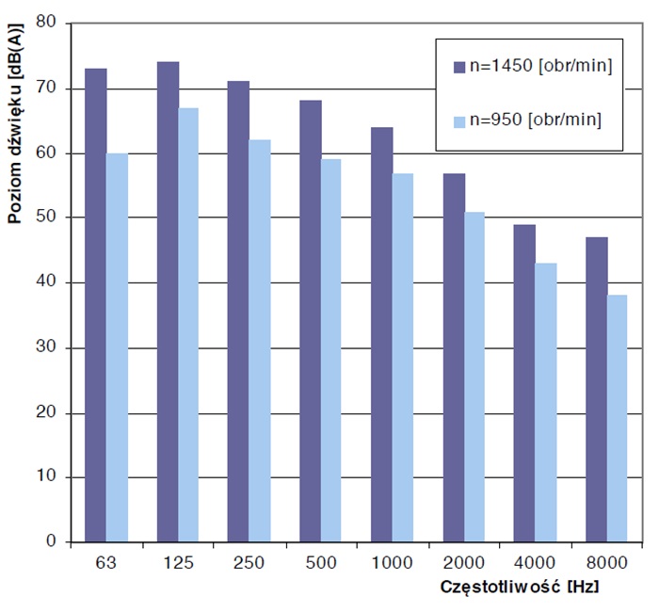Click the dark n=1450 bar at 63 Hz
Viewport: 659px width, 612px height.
[96, 306]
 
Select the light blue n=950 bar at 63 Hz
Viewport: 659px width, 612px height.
[118, 348]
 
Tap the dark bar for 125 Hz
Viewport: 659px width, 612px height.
[168, 301]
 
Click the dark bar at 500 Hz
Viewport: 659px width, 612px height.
[310, 321]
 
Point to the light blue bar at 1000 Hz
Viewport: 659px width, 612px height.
[402, 358]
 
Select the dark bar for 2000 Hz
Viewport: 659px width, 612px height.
[453, 358]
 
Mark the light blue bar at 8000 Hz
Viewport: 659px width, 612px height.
[618, 419]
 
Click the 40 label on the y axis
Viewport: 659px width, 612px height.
[47, 282]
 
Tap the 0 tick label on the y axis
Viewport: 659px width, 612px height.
[52, 542]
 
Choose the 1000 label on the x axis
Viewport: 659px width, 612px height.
[392, 563]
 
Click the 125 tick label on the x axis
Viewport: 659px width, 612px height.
[178, 563]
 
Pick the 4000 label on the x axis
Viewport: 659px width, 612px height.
[534, 563]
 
